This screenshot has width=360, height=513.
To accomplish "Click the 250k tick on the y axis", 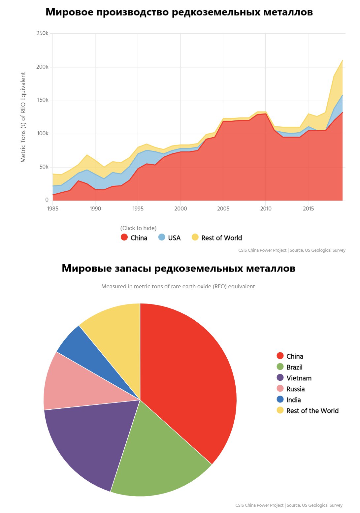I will pos(43,33).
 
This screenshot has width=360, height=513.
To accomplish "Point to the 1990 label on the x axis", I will pos(95,208).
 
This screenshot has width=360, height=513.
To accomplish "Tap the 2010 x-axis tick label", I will pos(266,208).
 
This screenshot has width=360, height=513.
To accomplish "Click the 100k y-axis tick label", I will pos(43,134).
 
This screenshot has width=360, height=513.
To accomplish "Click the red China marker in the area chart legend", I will pos(124,237).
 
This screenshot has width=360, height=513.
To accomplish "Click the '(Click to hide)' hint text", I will pos(138,228).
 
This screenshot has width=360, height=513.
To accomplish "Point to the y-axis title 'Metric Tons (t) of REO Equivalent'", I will pos(23,117).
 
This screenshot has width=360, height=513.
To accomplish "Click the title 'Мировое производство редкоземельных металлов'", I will pos(179,12).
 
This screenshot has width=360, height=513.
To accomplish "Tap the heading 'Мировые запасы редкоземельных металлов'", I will pos(179,269).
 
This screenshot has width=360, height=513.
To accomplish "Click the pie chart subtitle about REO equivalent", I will pos(178,286).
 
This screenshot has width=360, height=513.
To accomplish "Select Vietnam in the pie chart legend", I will pos(299,378).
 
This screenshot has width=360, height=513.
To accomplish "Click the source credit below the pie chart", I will pos(289,505).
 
